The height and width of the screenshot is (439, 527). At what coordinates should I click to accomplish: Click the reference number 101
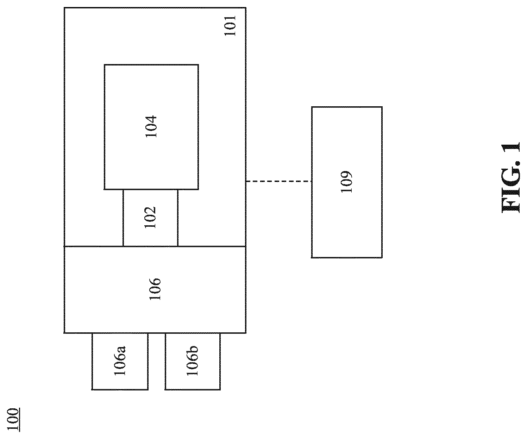tap(230, 26)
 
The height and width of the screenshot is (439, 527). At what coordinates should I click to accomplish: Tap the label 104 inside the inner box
tap(151, 126)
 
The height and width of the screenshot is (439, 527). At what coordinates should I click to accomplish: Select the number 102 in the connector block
tap(150, 217)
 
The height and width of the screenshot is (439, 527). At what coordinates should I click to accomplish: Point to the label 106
tap(155, 289)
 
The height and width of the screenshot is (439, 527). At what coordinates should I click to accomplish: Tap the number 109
tap(346, 182)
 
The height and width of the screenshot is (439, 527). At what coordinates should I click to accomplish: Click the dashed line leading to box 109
tap(279, 181)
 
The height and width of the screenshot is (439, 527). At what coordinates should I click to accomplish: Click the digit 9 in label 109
tap(346, 175)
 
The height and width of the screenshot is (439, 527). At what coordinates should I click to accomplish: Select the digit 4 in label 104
tap(151, 119)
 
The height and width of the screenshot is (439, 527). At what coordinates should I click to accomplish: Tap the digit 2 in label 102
tap(150, 211)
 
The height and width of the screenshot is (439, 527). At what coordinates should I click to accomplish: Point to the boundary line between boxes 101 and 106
tap(155, 246)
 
